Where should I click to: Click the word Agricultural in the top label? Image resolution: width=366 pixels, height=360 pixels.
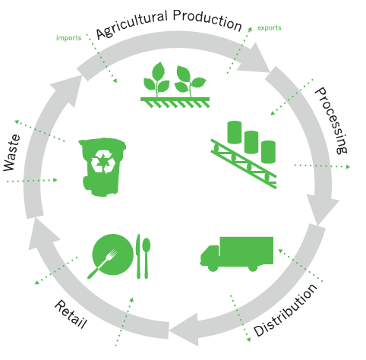[x=132, y=25]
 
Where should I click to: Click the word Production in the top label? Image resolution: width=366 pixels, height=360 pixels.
[x=207, y=21]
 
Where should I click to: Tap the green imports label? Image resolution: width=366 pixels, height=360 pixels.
[x=68, y=38]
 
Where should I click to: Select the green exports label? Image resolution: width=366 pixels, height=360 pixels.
[x=270, y=28]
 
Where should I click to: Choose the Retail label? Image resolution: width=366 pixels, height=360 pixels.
[x=71, y=314]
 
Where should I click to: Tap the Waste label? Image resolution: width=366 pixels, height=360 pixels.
[x=12, y=153]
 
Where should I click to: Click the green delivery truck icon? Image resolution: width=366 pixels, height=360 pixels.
[x=237, y=254]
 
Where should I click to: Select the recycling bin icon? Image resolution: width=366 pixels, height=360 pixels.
[x=103, y=167]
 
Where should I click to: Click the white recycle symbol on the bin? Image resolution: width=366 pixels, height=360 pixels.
[x=103, y=162]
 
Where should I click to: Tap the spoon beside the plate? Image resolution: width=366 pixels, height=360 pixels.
[x=147, y=258]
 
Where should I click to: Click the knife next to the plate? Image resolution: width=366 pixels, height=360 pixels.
[x=138, y=256]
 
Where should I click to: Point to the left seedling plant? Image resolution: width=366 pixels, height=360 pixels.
[x=156, y=80]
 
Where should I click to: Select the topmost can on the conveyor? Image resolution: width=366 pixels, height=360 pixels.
[x=235, y=132]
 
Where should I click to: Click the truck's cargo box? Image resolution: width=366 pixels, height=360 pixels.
[x=247, y=251]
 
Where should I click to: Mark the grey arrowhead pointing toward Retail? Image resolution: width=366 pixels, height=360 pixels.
[x=185, y=330]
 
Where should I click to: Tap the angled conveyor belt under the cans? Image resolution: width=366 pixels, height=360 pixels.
[x=244, y=164]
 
